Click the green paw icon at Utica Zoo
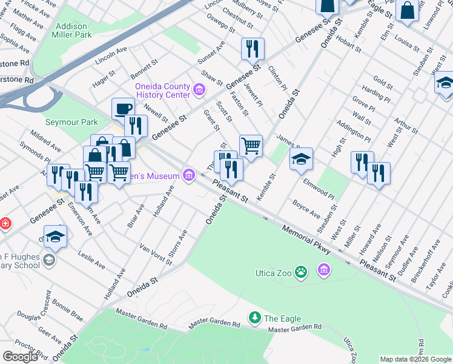(x=301, y=271)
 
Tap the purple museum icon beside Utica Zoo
(x=324, y=269)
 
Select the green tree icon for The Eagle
(x=255, y=317)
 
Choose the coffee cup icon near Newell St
(x=123, y=108)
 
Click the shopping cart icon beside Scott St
(x=251, y=145)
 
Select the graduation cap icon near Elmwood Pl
(x=301, y=159)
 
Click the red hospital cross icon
(x=5, y=224)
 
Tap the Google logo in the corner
(x=20, y=357)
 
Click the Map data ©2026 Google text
(x=415, y=359)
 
